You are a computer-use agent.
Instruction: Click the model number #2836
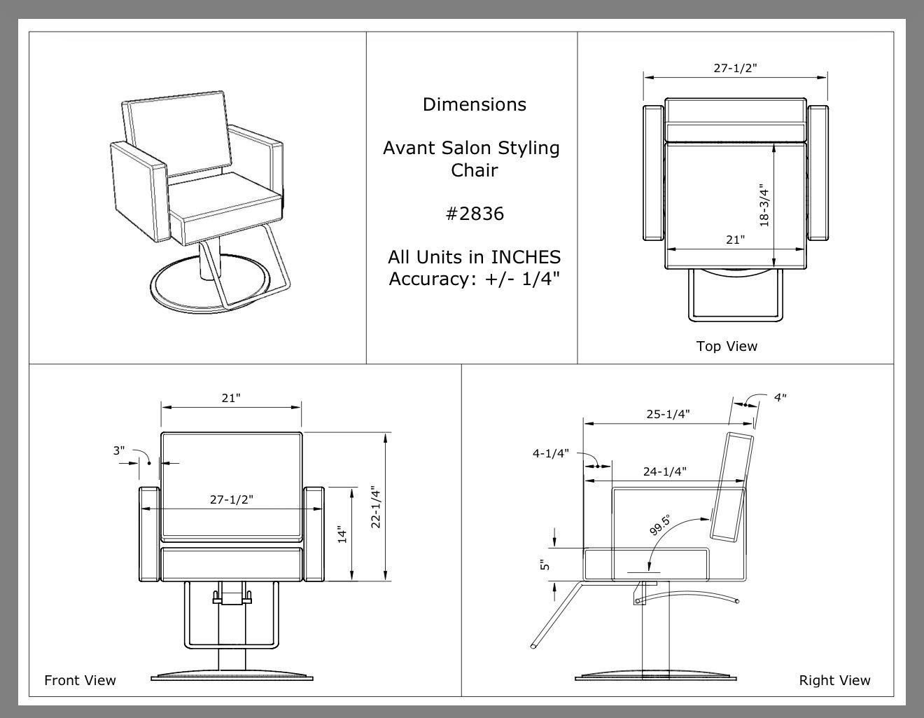(x=475, y=214)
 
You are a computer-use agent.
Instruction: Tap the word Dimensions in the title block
(x=475, y=104)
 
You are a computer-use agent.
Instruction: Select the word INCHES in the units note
(x=526, y=257)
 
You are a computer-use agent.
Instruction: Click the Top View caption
(x=727, y=346)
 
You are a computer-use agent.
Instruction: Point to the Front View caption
(x=80, y=680)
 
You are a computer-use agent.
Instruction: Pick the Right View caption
(x=834, y=681)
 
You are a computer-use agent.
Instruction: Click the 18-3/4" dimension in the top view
(x=764, y=205)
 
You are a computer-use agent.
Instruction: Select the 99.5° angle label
(x=660, y=525)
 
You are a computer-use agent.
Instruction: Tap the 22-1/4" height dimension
(x=375, y=507)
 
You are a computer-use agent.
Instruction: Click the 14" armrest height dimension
(x=342, y=535)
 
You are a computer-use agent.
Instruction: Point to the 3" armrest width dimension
(x=119, y=450)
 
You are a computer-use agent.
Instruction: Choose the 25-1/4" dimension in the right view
(x=668, y=414)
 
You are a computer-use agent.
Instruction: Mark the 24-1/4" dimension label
(x=664, y=471)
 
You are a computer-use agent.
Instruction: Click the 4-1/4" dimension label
(x=551, y=453)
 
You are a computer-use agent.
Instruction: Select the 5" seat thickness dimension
(x=545, y=565)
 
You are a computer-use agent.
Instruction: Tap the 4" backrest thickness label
(x=780, y=398)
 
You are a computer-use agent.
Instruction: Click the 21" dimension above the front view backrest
(x=231, y=398)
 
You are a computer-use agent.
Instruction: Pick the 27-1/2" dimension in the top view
(x=735, y=68)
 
